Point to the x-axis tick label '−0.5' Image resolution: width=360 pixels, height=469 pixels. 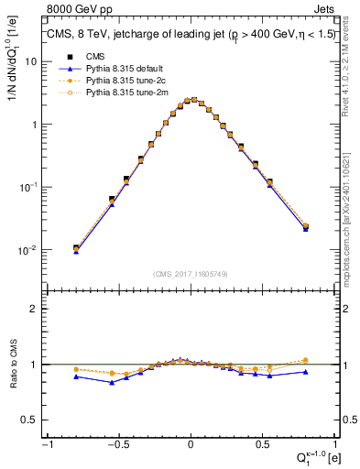(117, 445)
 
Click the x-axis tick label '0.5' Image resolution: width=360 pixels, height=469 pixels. (262, 445)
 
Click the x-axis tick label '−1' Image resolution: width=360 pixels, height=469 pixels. (46, 445)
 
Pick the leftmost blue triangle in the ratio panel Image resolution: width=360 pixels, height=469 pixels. (76, 376)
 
